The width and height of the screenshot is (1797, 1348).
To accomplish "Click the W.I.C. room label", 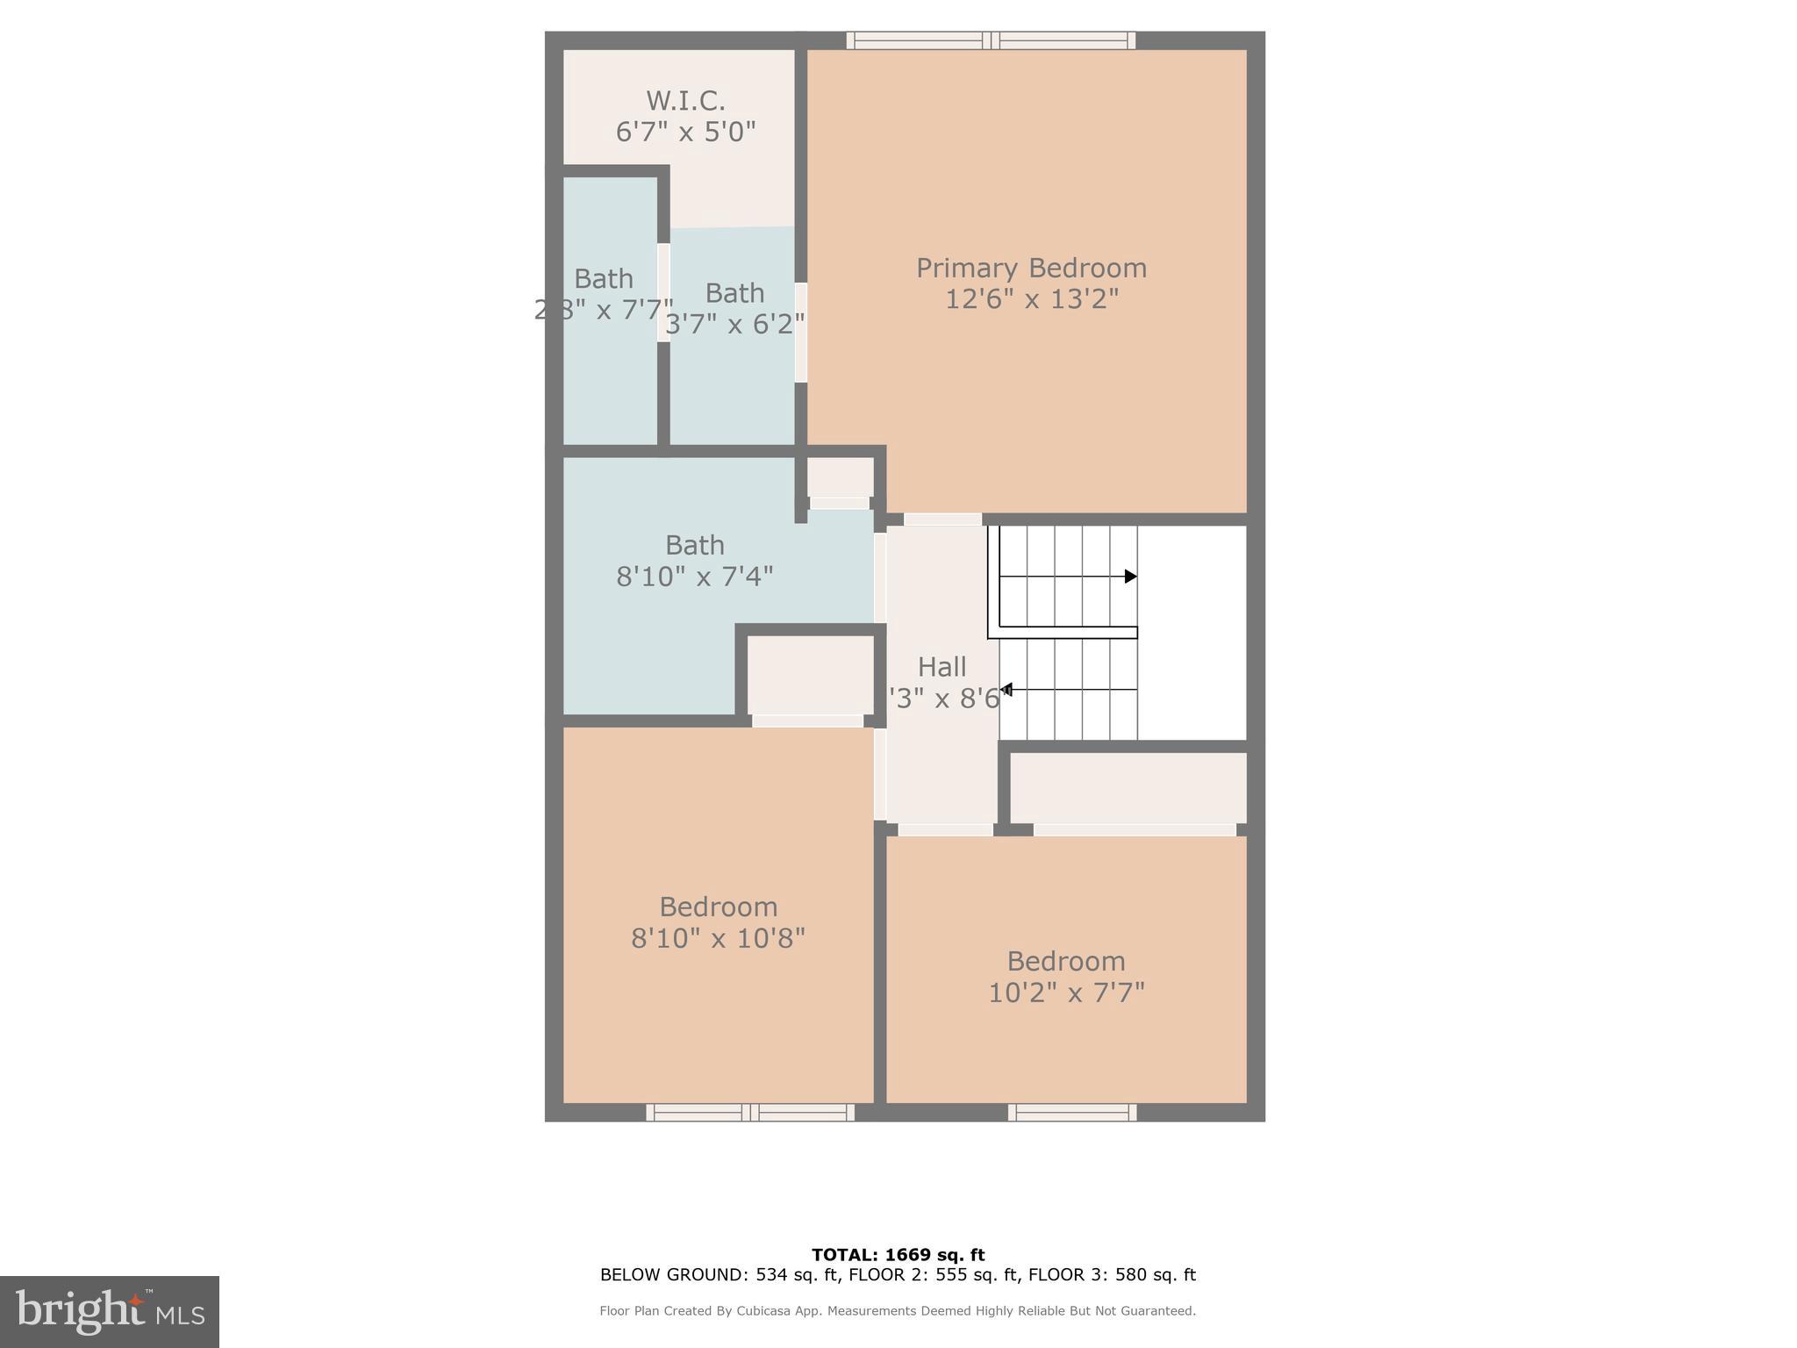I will pos(685,101).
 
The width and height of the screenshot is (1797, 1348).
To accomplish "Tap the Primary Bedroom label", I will pos(1031,268).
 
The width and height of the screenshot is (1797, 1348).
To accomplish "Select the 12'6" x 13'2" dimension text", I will pos(1031,299).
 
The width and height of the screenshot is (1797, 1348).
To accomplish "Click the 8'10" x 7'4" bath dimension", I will pos(694,577).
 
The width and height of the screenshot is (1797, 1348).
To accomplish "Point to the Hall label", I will pos(941,667).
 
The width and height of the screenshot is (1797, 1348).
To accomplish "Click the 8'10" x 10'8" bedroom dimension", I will pos(718,938).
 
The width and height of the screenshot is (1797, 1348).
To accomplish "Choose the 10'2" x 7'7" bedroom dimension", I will pos(1066,993).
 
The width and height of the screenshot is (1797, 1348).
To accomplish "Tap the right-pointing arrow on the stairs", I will pos(1130,577).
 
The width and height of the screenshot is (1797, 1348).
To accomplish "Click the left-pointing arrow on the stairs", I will pos(1007,690).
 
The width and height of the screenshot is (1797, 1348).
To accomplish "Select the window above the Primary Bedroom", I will pos(991,40).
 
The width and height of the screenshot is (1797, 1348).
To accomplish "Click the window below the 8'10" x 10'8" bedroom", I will pos(750,1113).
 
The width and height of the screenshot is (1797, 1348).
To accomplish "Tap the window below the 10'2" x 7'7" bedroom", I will pos(1072,1113).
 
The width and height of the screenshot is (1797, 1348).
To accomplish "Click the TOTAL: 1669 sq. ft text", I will pos(898,1255).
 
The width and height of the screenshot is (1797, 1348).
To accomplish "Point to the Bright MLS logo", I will pos(110,1312).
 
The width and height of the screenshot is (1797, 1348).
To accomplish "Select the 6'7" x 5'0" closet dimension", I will pos(685,133).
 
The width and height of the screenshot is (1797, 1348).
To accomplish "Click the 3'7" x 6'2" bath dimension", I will pos(734,325).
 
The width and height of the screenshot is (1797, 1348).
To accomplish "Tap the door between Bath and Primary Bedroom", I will pos(800,332).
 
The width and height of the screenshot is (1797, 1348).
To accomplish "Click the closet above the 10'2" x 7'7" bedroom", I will pos(1128,787).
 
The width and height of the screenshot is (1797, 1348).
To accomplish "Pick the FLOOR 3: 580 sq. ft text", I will pos(1112,1275).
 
